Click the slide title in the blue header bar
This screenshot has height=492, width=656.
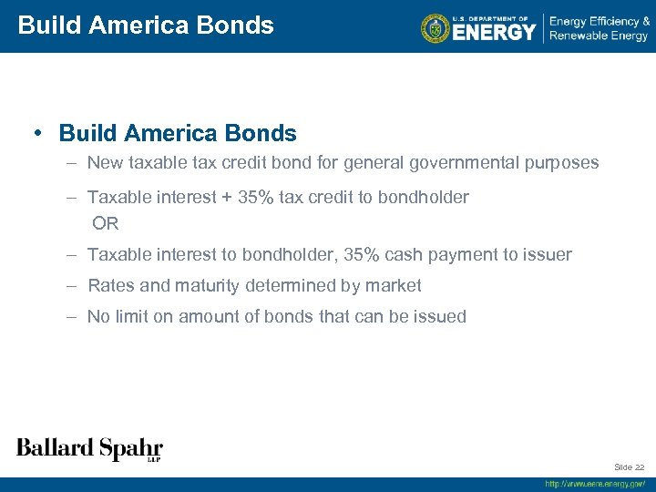[146, 25]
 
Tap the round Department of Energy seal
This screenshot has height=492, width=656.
[436, 28]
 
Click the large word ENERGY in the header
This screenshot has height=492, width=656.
[495, 32]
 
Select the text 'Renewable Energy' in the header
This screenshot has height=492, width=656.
[599, 36]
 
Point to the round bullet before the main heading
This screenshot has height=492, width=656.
[38, 133]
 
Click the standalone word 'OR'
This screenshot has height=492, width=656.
[106, 223]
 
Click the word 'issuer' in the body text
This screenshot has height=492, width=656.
[548, 254]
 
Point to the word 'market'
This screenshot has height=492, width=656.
[393, 285]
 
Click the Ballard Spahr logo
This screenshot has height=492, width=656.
[89, 448]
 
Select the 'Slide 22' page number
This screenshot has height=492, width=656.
[629, 466]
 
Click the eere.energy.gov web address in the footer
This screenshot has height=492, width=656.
[595, 484]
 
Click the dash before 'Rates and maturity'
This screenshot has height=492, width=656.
[71, 285]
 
